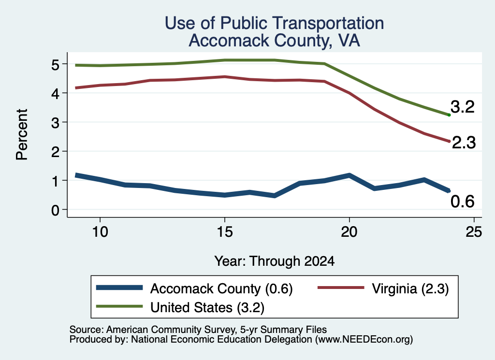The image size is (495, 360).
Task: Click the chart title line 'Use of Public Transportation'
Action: pyautogui.click(x=275, y=23)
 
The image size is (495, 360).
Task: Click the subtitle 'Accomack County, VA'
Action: pyautogui.click(x=275, y=41)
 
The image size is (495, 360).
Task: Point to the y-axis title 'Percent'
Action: pyautogui.click(x=22, y=135)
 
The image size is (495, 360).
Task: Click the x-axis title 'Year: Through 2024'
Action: pyautogui.click(x=275, y=261)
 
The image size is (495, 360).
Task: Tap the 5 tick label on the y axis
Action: pyautogui.click(x=56, y=65)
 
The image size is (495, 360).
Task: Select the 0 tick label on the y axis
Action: pyautogui.click(x=56, y=210)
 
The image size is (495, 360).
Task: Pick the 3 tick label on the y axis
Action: pyautogui.click(x=56, y=123)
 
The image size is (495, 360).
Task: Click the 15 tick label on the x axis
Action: pyautogui.click(x=225, y=232)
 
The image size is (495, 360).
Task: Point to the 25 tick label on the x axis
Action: pyautogui.click(x=474, y=232)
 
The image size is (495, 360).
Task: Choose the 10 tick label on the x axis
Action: pyautogui.click(x=100, y=232)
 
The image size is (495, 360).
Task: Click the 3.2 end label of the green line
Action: pyautogui.click(x=463, y=107)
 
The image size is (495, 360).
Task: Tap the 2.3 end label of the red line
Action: pyautogui.click(x=464, y=142)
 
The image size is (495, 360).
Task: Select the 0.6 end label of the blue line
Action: pyautogui.click(x=463, y=202)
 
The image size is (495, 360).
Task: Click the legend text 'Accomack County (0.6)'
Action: pyautogui.click(x=221, y=288)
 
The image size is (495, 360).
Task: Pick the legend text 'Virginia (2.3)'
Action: pyautogui.click(x=410, y=288)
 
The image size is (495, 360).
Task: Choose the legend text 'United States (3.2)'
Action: pyautogui.click(x=207, y=308)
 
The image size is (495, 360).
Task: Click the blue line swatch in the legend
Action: pyautogui.click(x=119, y=288)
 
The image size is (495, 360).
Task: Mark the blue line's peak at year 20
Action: pyautogui.click(x=349, y=175)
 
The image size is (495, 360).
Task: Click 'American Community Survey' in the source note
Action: pyautogui.click(x=171, y=330)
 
